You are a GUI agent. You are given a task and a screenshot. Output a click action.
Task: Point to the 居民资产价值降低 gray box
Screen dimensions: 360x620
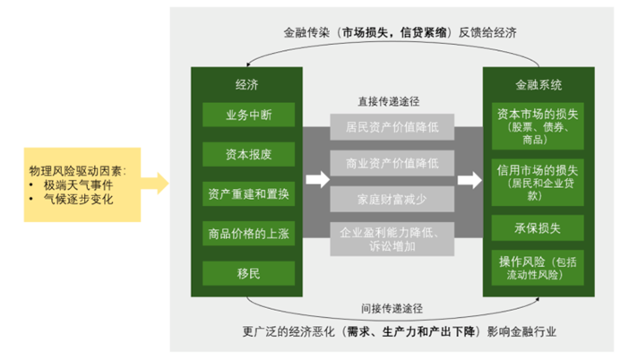pyautogui.click(x=386, y=126)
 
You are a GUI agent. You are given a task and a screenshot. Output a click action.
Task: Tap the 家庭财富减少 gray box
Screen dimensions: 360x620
pyautogui.click(x=386, y=197)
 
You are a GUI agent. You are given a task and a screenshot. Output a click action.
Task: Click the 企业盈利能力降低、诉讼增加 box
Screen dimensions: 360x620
pyautogui.click(x=386, y=238)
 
